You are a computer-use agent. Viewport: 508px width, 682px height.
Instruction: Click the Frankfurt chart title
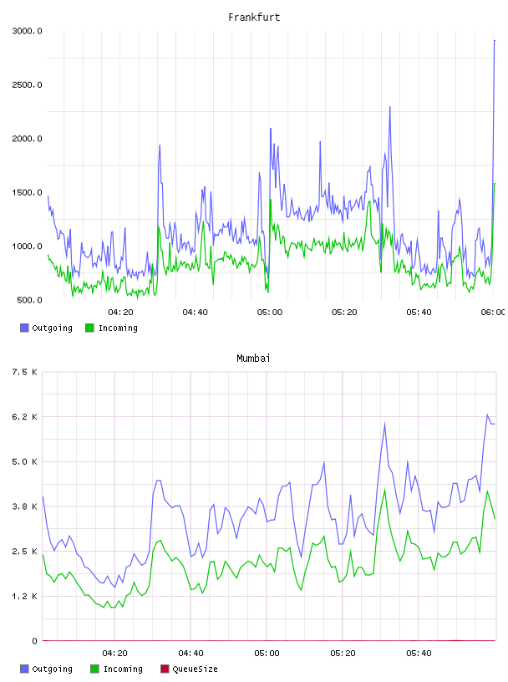click(254, 18)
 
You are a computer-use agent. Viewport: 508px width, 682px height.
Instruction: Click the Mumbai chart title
click(253, 359)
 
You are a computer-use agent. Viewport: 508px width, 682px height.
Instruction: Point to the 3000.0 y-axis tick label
click(27, 31)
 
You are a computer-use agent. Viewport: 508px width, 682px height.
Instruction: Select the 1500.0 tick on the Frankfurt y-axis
click(27, 192)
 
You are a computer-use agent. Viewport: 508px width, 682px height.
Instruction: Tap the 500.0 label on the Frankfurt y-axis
click(29, 300)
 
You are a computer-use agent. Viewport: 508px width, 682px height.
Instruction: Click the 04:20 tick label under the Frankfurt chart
click(120, 312)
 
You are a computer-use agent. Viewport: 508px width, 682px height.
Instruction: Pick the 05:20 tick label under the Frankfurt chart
click(344, 312)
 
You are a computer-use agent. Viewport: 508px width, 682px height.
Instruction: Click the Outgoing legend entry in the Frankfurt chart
click(46, 328)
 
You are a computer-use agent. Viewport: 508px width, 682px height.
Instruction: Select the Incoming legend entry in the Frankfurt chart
click(112, 328)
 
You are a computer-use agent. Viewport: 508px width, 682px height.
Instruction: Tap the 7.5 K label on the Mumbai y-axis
click(25, 372)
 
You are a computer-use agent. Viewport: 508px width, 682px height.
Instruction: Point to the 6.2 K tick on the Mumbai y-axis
click(25, 417)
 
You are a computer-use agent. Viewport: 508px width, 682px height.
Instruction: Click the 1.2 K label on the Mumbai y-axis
click(25, 596)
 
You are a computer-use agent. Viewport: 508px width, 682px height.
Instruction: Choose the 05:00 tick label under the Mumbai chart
click(267, 653)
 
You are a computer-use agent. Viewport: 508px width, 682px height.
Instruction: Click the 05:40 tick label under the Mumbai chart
click(419, 653)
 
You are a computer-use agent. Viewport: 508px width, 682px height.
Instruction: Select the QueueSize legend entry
click(189, 669)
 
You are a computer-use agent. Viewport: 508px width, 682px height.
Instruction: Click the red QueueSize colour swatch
click(165, 669)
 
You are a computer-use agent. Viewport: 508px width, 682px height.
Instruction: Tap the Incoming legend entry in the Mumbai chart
click(117, 669)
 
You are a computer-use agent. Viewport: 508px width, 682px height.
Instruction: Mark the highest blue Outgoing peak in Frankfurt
click(494, 40)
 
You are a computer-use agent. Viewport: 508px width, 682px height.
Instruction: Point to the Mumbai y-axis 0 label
click(34, 641)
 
